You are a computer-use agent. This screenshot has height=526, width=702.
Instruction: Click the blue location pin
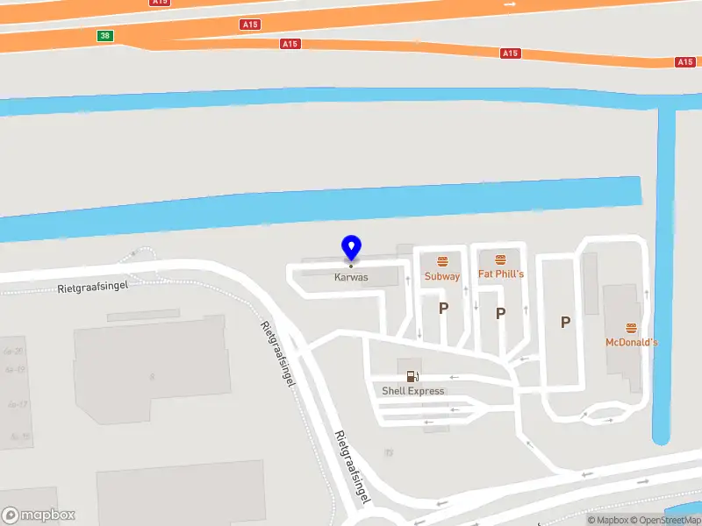(351, 247)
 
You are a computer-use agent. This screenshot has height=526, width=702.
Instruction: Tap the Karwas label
(351, 277)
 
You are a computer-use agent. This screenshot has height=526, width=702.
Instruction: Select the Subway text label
(442, 276)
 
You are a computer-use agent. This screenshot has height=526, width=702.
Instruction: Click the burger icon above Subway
(442, 260)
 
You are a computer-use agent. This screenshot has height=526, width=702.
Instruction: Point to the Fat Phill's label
(500, 274)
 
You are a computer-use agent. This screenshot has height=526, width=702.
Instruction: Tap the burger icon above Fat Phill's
(500, 259)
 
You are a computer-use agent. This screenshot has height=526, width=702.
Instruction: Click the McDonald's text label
(631, 342)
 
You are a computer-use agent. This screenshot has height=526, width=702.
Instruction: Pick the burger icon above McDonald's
(632, 327)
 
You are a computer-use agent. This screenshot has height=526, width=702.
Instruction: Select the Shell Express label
(412, 391)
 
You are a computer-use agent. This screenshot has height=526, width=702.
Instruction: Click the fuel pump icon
(412, 376)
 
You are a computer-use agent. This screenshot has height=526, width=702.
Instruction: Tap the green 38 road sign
(105, 36)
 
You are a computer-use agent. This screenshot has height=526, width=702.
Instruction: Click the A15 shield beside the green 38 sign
(249, 25)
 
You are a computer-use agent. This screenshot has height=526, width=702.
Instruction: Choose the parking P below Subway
(443, 308)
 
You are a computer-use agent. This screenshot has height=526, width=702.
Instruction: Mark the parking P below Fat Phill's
(500, 313)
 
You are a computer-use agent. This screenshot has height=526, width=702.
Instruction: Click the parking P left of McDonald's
(565, 323)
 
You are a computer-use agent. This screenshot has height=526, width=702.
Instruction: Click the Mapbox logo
(39, 515)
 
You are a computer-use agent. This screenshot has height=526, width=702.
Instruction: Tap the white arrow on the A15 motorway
(511, 4)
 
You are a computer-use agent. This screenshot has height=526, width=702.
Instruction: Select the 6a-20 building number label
(13, 352)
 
